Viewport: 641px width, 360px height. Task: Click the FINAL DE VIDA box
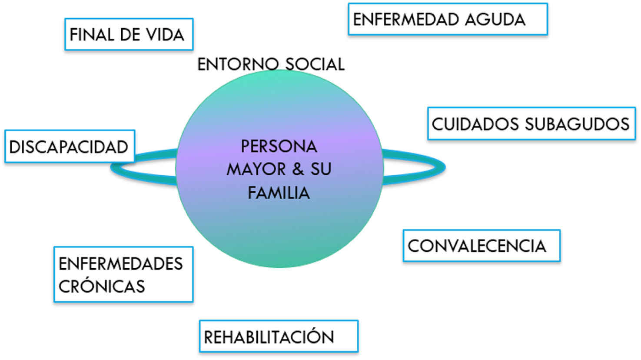pos(129,34)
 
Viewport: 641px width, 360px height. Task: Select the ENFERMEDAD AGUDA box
pos(447,19)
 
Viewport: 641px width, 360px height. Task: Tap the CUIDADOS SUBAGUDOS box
pos(531,124)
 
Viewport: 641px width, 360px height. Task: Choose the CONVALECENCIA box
pos(481,246)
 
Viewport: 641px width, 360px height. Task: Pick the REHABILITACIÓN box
pos(278,337)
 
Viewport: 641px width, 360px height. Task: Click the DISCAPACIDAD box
pos(70,147)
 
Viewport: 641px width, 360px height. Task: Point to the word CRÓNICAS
pos(102,286)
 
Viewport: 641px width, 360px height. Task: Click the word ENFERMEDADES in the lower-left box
pos(121,264)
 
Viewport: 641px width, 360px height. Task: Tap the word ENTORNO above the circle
pos(232,64)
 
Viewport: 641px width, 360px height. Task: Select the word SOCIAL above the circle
pos(315,64)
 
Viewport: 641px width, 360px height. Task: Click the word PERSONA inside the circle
pos(279,147)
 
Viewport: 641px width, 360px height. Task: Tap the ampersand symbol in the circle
pos(298,169)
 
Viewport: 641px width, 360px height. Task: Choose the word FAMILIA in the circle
pos(279,193)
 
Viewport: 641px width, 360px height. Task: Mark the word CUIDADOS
pos(475,124)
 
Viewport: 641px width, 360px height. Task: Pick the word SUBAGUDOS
pos(577,124)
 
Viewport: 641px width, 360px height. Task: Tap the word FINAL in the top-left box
pos(90,35)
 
